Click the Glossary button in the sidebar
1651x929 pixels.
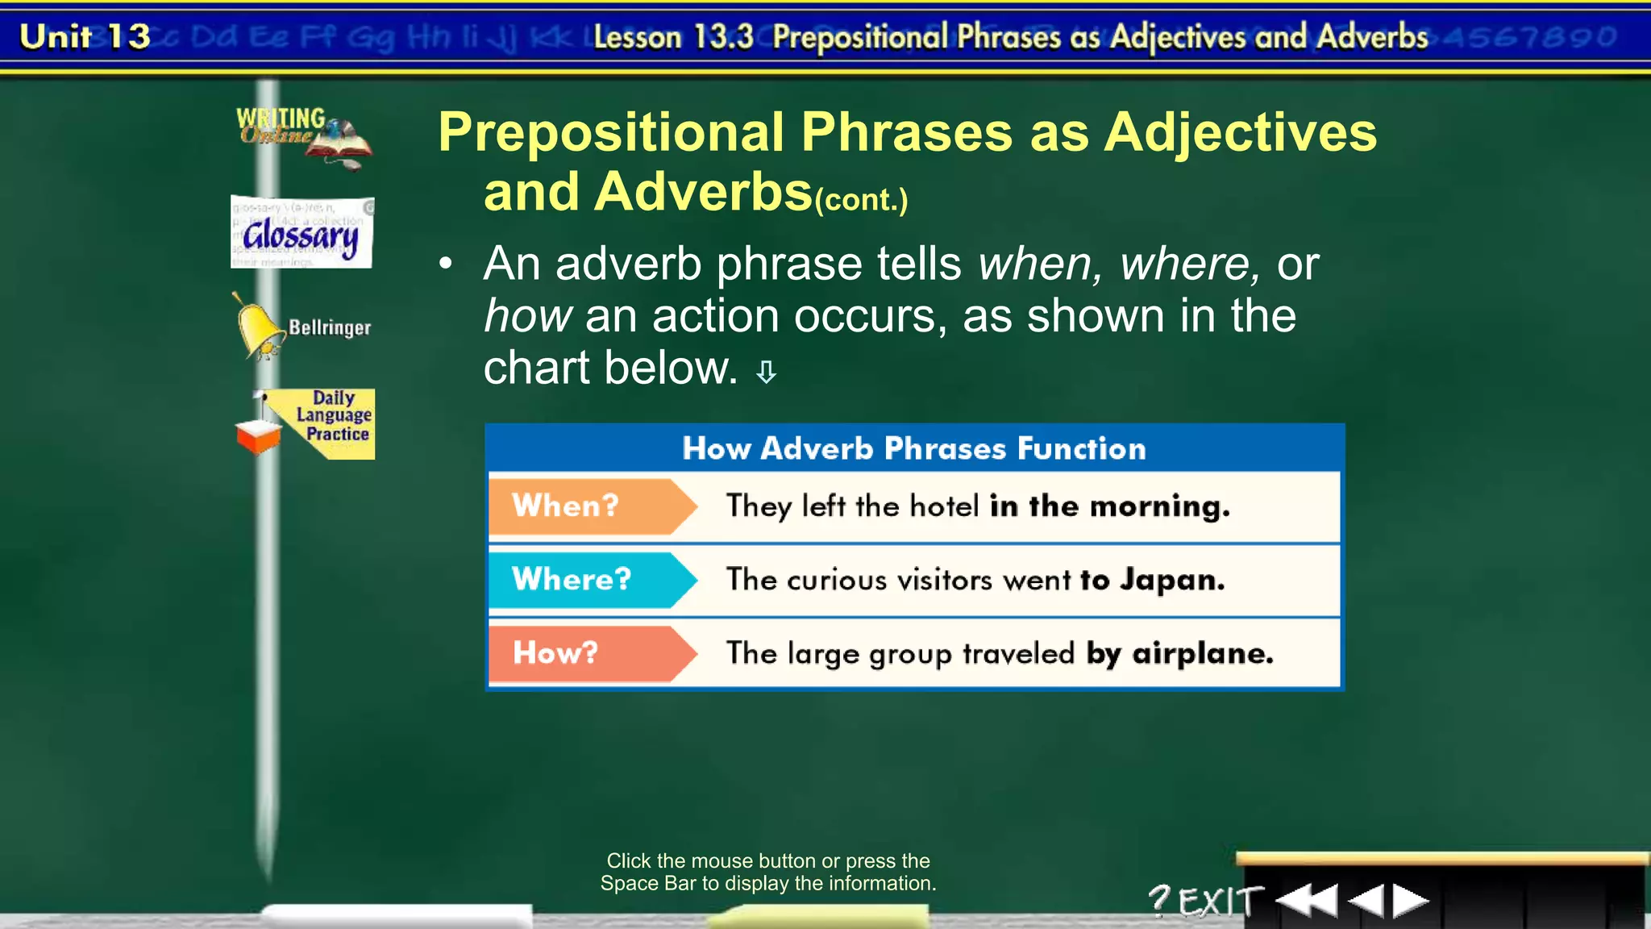[302, 233]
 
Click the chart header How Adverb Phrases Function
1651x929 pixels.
[913, 448]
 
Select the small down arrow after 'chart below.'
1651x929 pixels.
[766, 372]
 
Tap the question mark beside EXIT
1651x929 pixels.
[1159, 899]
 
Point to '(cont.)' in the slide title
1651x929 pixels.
[861, 199]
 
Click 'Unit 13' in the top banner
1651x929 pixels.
[85, 36]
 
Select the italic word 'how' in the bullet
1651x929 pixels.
[528, 315]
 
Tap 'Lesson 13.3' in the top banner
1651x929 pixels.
[673, 37]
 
